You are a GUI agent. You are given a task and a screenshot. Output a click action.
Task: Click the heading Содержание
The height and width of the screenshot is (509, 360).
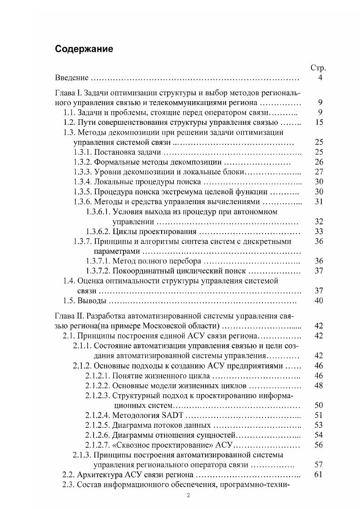coord(84,49)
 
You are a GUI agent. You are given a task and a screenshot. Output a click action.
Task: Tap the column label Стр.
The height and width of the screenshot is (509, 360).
coord(318,68)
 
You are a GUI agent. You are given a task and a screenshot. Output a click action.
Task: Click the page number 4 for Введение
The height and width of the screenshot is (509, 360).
coord(321,78)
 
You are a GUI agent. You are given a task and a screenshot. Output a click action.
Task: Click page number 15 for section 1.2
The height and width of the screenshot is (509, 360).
coord(318,122)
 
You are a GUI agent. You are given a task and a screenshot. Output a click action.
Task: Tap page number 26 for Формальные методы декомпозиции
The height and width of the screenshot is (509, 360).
coord(318,162)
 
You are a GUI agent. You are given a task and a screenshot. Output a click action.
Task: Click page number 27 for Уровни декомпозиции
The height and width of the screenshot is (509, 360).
coord(318,172)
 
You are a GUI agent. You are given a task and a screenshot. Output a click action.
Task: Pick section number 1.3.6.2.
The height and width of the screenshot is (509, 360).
coord(98,231)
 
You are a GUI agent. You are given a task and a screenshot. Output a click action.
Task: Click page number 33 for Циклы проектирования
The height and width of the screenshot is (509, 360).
coord(318,231)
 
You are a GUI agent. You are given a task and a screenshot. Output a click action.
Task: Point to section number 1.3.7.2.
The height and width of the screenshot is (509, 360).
coord(98,271)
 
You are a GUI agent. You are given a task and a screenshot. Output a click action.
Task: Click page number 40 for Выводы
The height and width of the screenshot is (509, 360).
coord(318,301)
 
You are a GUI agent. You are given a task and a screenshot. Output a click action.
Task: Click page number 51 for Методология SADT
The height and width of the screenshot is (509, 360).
coord(318,415)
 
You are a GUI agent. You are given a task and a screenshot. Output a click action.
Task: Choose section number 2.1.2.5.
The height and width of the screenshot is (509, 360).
coord(98,425)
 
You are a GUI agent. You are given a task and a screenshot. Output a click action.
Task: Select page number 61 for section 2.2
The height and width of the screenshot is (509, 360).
coord(318,475)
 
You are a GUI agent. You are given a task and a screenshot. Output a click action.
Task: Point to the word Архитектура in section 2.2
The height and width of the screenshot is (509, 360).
coord(99,475)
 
